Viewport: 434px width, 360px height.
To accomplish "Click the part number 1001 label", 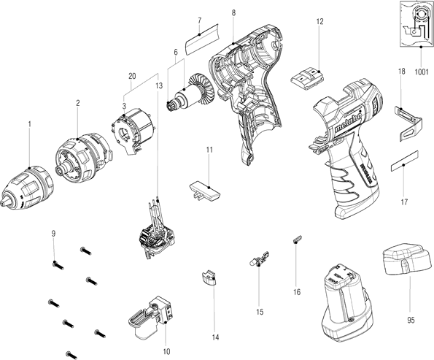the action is [422, 72].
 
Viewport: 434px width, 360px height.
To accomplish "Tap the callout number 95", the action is [411, 320].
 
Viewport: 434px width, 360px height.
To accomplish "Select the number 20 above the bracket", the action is [132, 76].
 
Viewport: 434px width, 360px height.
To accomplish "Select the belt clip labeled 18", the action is [408, 123].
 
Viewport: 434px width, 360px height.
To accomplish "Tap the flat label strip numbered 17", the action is [404, 161].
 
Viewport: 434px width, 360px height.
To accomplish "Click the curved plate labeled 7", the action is [202, 39].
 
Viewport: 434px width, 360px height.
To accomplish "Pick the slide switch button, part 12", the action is [307, 79].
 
